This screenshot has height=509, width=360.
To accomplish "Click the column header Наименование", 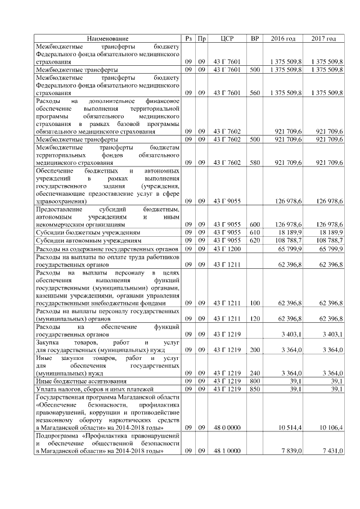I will (x=107, y=38).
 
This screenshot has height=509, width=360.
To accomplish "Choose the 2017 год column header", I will (x=323, y=38).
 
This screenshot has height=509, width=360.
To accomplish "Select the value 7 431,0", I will (x=330, y=452).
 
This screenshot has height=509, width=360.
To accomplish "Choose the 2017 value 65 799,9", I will (x=330, y=248).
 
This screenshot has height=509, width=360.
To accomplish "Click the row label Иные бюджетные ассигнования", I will (x=75, y=381).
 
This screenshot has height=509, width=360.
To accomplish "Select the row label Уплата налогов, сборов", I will (x=91, y=389).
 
